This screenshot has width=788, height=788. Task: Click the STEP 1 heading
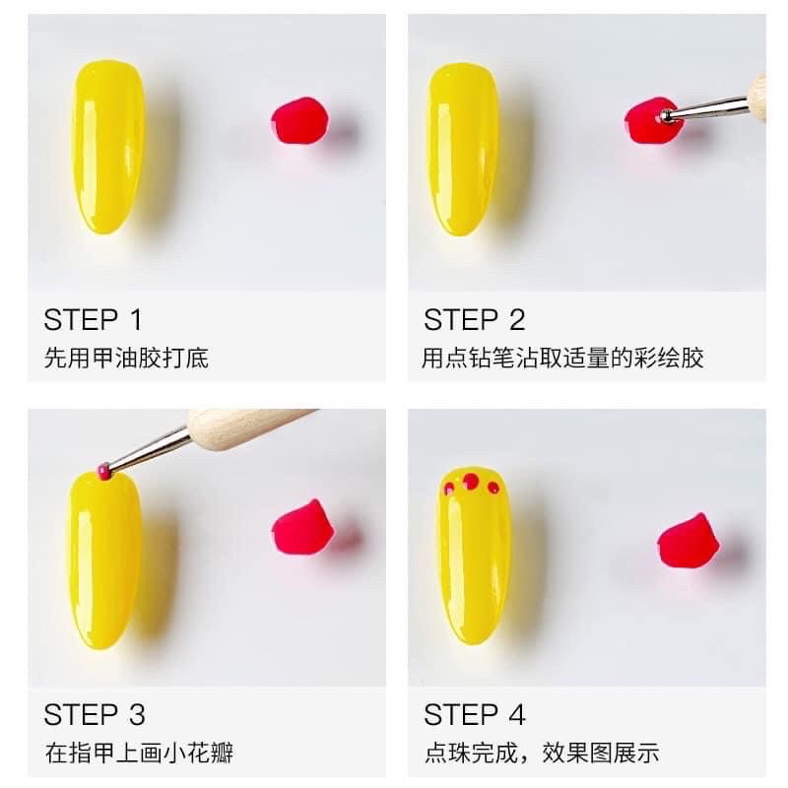[94, 319]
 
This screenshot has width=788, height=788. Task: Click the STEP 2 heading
[475, 319]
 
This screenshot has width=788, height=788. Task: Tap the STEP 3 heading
[95, 713]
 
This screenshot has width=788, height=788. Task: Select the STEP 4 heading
[475, 713]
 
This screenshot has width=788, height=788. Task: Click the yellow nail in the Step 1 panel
[107, 148]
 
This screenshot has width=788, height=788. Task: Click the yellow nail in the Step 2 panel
[463, 148]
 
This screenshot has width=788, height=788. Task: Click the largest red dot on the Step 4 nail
[472, 482]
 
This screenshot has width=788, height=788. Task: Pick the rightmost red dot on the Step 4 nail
[493, 488]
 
